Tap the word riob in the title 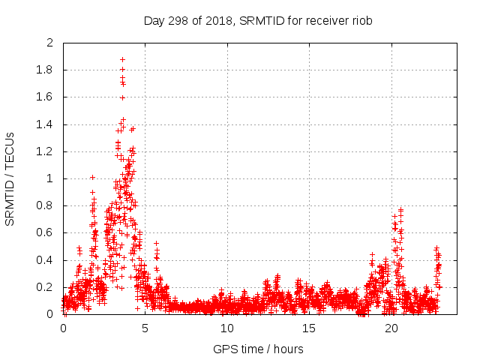click(361, 20)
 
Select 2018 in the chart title click(220, 20)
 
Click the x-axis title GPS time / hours click(258, 349)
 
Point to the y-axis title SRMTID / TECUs click(10, 178)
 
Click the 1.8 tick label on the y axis click(45, 70)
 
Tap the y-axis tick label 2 click(49, 43)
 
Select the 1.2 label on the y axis click(45, 151)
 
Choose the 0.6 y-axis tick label click(45, 233)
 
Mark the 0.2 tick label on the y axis click(45, 287)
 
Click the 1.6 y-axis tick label click(45, 97)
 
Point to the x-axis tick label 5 click(145, 328)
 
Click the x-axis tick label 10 click(227, 328)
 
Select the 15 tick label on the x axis click(309, 328)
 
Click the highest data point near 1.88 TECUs click(122, 59)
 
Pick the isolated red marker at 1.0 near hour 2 click(92, 177)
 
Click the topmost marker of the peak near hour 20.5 click(401, 209)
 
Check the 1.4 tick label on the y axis click(45, 124)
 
